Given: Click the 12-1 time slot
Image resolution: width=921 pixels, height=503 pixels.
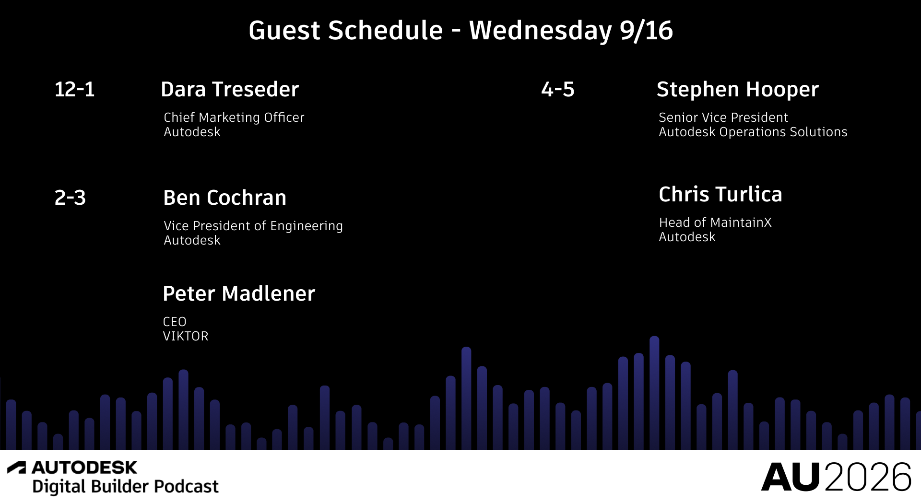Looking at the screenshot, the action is (x=74, y=89).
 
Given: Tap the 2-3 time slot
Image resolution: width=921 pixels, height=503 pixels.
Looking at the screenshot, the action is (x=70, y=198).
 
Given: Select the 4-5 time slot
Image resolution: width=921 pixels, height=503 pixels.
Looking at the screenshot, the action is (x=557, y=89).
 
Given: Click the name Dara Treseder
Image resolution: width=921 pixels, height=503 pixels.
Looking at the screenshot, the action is (x=230, y=89).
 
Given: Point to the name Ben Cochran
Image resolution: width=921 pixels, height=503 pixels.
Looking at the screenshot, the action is (x=224, y=198).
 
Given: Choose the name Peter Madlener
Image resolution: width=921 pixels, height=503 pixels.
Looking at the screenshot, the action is (x=239, y=293).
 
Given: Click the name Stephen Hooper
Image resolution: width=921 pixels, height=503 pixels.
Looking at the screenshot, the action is (x=737, y=90).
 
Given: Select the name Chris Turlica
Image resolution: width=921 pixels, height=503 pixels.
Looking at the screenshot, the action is (x=720, y=194).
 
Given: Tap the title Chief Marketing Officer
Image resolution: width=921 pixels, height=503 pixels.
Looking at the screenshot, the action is (x=234, y=117).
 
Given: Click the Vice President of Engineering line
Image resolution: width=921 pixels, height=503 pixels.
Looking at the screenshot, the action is (x=253, y=226).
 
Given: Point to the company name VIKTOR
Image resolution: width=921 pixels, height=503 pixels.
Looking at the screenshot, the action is (x=186, y=336).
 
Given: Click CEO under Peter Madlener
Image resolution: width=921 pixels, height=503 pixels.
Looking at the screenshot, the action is (x=175, y=322).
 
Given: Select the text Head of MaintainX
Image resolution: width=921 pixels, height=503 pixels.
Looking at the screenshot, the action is (x=715, y=222).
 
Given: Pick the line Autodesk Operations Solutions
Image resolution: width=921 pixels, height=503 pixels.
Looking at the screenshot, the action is (x=753, y=132).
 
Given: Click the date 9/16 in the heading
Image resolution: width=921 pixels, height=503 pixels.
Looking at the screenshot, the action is (x=646, y=31).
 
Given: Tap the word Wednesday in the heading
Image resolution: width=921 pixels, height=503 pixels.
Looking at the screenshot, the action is (x=541, y=31).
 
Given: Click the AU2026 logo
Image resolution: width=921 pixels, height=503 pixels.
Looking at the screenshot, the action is (x=836, y=477).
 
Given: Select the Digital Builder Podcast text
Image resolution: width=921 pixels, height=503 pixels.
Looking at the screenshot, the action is (x=125, y=486).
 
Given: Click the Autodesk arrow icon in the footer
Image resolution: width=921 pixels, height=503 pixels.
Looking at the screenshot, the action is (x=16, y=468).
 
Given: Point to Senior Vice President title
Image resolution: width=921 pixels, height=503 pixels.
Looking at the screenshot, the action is (x=723, y=117).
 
